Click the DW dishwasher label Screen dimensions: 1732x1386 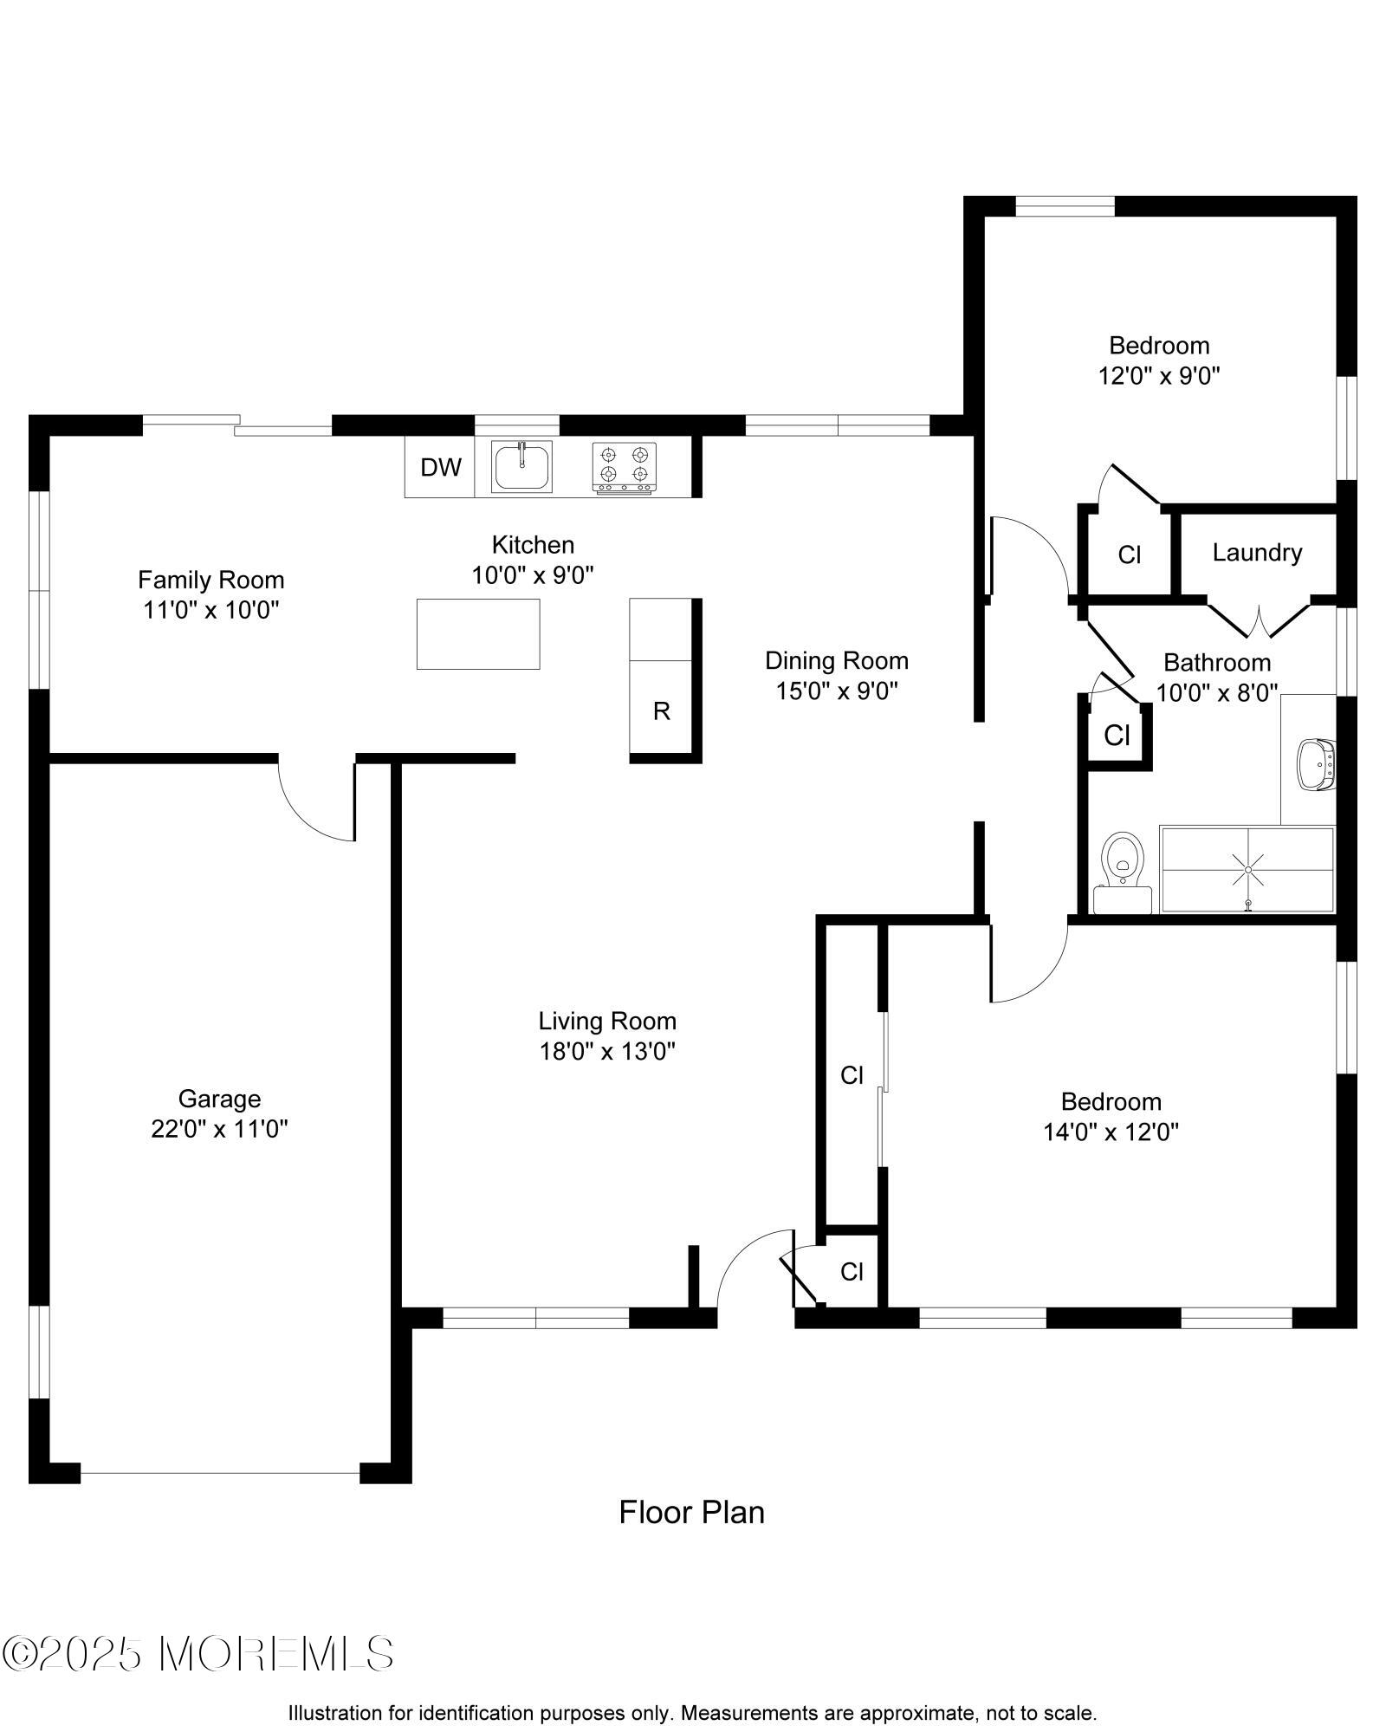[x=441, y=468]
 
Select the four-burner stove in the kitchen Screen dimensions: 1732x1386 [x=624, y=467]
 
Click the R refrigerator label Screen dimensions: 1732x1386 [x=662, y=711]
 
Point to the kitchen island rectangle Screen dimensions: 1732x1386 [x=478, y=634]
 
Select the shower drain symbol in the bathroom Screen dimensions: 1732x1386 [x=1248, y=869]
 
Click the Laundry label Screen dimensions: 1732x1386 [x=1257, y=553]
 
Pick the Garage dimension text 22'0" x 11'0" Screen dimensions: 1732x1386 [x=219, y=1129]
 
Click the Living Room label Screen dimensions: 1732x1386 [x=607, y=1021]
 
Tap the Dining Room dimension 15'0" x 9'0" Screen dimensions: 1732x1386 [x=836, y=691]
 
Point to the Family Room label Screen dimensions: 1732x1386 [x=211, y=580]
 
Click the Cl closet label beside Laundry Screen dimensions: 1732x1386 [x=1130, y=555]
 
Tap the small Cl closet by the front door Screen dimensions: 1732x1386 [x=852, y=1272]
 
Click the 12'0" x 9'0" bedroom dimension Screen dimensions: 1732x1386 [x=1159, y=376]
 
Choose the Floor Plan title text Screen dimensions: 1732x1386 [x=691, y=1512]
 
